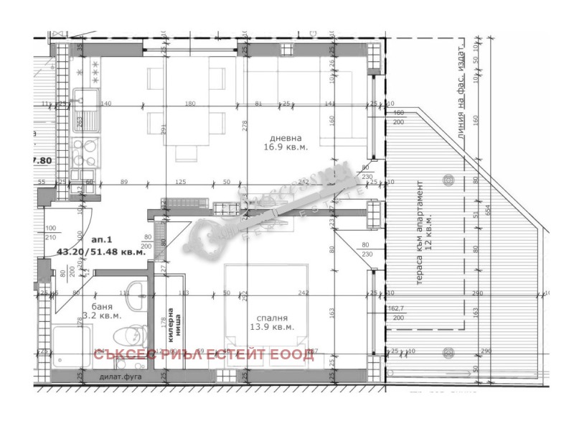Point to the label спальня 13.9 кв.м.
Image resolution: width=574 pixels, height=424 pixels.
tap(270, 322)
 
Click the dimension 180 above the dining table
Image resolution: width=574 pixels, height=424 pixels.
tap(190, 103)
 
